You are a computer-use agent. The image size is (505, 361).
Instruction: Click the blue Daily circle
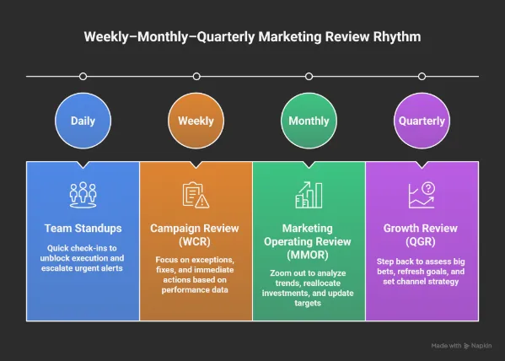pos(83,121)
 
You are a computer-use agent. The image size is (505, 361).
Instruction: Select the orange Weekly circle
pos(196,121)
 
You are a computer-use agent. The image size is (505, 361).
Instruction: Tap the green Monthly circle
pos(309,121)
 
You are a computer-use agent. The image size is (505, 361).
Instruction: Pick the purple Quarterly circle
pos(422,121)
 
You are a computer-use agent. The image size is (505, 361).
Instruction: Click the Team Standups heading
pos(83,228)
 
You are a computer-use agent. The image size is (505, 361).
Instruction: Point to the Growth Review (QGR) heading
pos(422,234)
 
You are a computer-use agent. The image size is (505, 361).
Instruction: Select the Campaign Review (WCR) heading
pos(196,234)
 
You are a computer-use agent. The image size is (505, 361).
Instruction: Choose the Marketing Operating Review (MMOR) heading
pos(309,241)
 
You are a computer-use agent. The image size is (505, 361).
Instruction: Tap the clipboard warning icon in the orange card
pos(196,195)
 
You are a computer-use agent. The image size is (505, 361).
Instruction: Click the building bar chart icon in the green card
pos(309,195)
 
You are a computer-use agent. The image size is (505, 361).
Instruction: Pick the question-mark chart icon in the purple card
pos(422,195)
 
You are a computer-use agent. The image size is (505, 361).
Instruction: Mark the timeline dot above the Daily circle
pos(83,76)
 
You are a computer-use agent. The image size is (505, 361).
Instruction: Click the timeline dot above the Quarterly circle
pos(422,76)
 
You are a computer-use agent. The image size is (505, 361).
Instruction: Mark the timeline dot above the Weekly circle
pos(196,76)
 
